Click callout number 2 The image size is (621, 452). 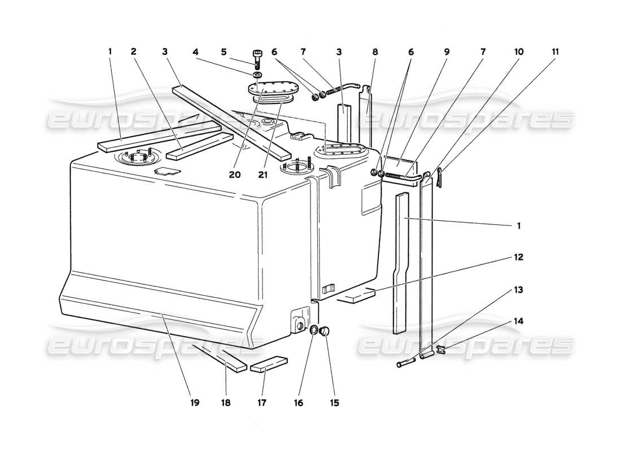click(134, 51)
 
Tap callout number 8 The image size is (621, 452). click(375, 51)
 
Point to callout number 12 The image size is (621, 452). click(518, 257)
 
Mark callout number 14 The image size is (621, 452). click(518, 321)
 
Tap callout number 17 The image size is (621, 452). click(261, 403)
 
